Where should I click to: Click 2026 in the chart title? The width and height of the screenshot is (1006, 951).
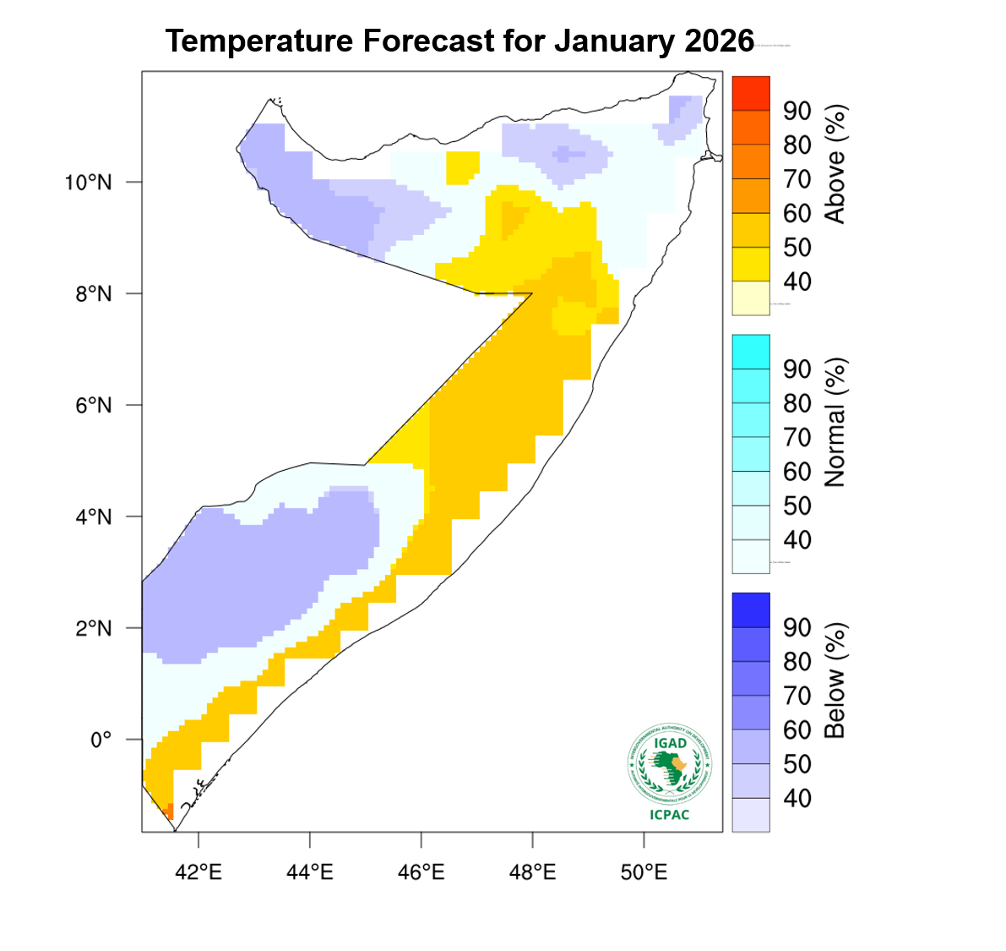[x=719, y=41]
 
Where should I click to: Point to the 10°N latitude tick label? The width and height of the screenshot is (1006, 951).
[x=88, y=183]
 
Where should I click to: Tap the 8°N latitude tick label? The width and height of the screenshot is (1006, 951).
[x=93, y=294]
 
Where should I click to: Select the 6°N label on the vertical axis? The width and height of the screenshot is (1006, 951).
[x=93, y=406]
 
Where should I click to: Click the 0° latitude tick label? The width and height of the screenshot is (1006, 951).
[x=101, y=741]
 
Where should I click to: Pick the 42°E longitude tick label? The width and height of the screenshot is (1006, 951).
[x=198, y=872]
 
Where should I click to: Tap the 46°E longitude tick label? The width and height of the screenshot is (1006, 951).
[x=421, y=872]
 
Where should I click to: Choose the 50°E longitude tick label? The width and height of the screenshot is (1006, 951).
[x=644, y=872]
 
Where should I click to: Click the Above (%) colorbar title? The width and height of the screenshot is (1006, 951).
[x=835, y=164]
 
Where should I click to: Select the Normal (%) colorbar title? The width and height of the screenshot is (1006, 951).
[x=835, y=423]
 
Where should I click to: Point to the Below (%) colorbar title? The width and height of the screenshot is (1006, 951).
[x=835, y=681]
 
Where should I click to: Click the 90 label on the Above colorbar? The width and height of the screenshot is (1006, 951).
[x=797, y=111]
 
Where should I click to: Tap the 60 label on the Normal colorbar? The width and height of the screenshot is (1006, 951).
[x=797, y=472]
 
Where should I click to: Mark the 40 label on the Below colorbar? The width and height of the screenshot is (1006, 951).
[x=797, y=798]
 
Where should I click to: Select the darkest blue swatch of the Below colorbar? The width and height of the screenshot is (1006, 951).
[x=751, y=609]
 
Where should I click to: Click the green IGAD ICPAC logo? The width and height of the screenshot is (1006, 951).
[x=670, y=764]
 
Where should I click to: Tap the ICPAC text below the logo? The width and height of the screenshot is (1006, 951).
[x=670, y=815]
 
